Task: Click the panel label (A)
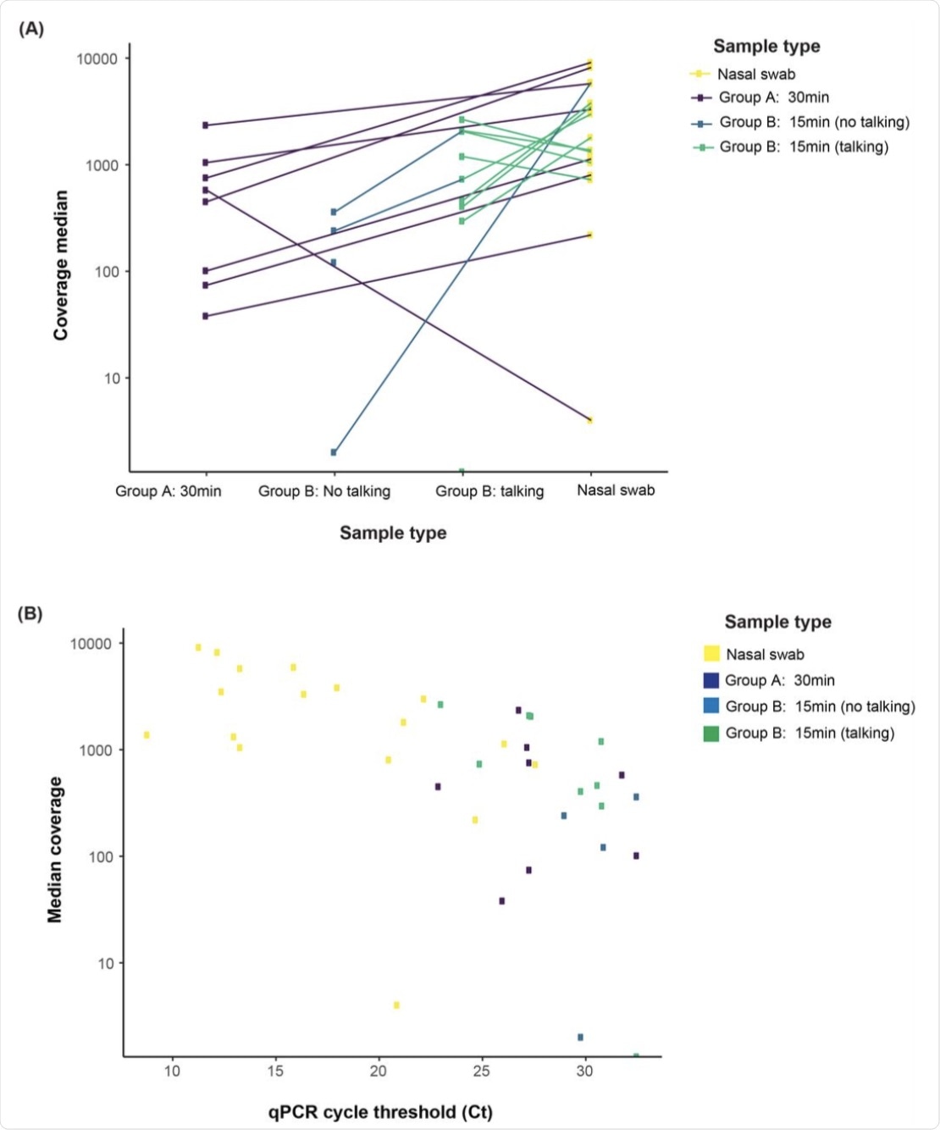tap(30, 29)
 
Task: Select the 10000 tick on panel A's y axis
tap(97, 58)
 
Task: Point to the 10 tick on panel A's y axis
tap(112, 379)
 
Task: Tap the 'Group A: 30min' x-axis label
tap(169, 491)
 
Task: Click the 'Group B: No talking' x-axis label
tap(324, 491)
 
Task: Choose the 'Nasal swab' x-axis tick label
tap(616, 490)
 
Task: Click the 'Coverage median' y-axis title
tap(61, 265)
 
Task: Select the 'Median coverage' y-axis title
tap(55, 849)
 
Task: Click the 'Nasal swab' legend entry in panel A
tap(756, 75)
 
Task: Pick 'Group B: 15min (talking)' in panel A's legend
tap(804, 147)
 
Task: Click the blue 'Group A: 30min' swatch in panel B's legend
tap(711, 680)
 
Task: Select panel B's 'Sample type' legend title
tap(777, 622)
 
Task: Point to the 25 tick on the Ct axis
tap(481, 1072)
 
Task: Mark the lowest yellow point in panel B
tap(396, 1005)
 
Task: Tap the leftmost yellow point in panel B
tap(147, 734)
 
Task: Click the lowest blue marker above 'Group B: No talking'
tap(334, 452)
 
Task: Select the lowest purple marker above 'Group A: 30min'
tap(206, 316)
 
